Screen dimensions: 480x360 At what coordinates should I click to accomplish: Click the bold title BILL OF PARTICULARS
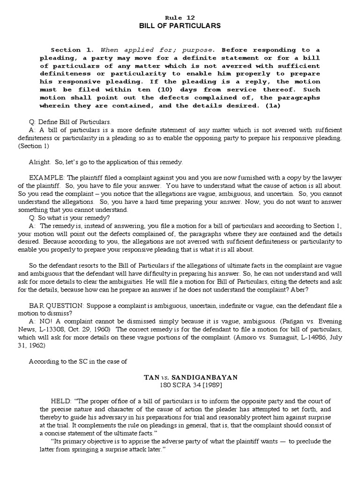point(180,26)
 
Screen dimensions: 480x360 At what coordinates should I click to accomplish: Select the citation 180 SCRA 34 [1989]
point(180,385)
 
